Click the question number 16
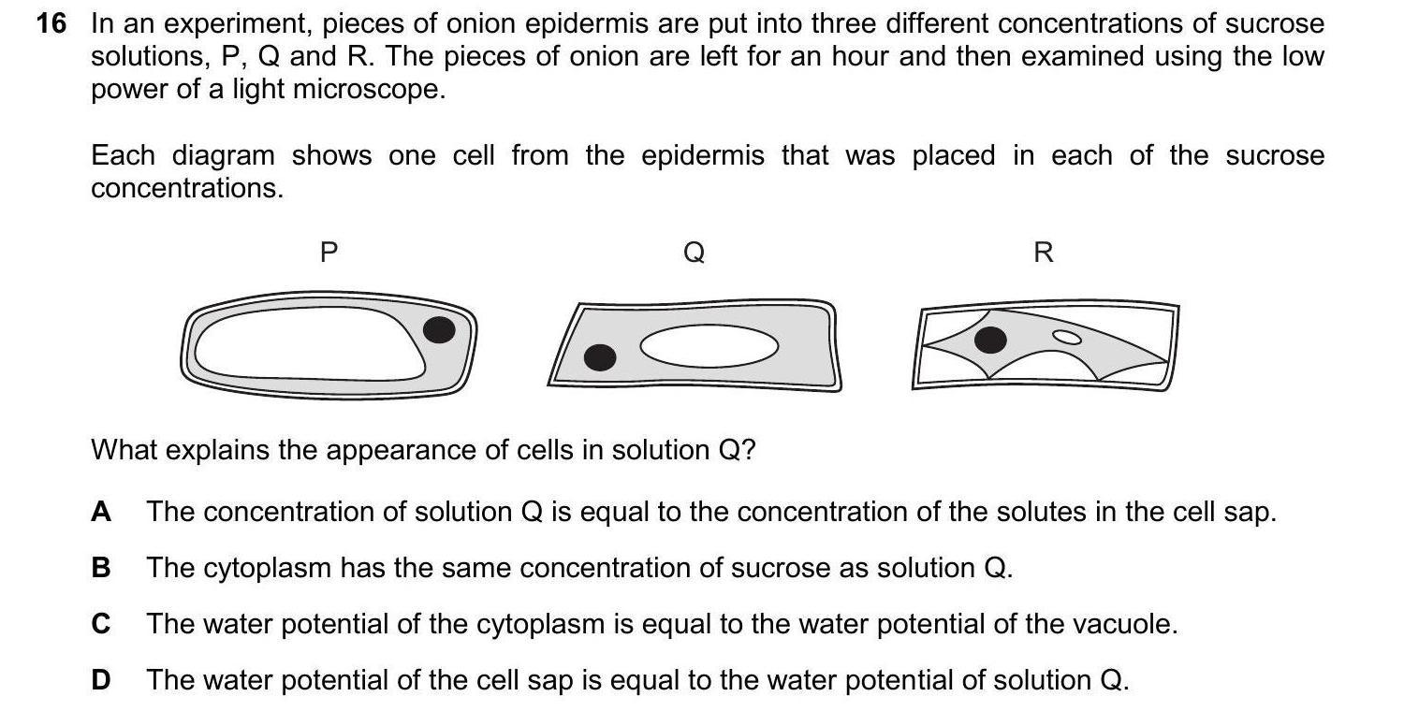[51, 24]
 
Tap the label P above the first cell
[328, 253]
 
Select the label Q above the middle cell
[695, 253]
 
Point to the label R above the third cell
[1044, 253]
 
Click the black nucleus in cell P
[439, 329]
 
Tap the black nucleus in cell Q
[600, 357]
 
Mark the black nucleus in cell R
[990, 341]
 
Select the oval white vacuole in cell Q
[709, 347]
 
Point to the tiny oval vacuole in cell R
[1066, 337]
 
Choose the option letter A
[101, 512]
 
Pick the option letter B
[101, 568]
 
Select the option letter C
[101, 624]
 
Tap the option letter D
[101, 680]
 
